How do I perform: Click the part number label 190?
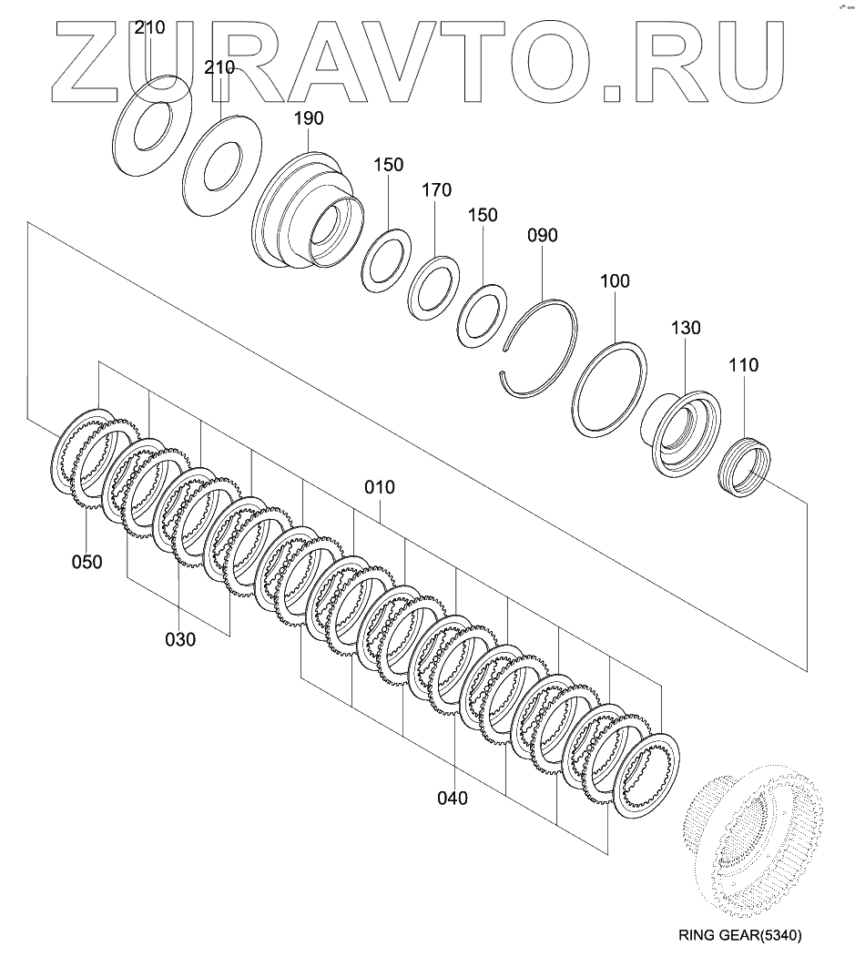pyautogui.click(x=309, y=118)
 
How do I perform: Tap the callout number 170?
pyautogui.click(x=435, y=191)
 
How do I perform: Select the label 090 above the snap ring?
pyautogui.click(x=541, y=236)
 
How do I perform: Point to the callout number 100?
pyautogui.click(x=615, y=281)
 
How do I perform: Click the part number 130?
pyautogui.click(x=686, y=328)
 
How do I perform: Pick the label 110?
pyautogui.click(x=743, y=365)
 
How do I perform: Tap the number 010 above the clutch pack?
pyautogui.click(x=380, y=487)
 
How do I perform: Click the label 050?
pyautogui.click(x=87, y=562)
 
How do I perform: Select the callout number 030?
pyautogui.click(x=180, y=639)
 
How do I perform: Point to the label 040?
pyautogui.click(x=452, y=799)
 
